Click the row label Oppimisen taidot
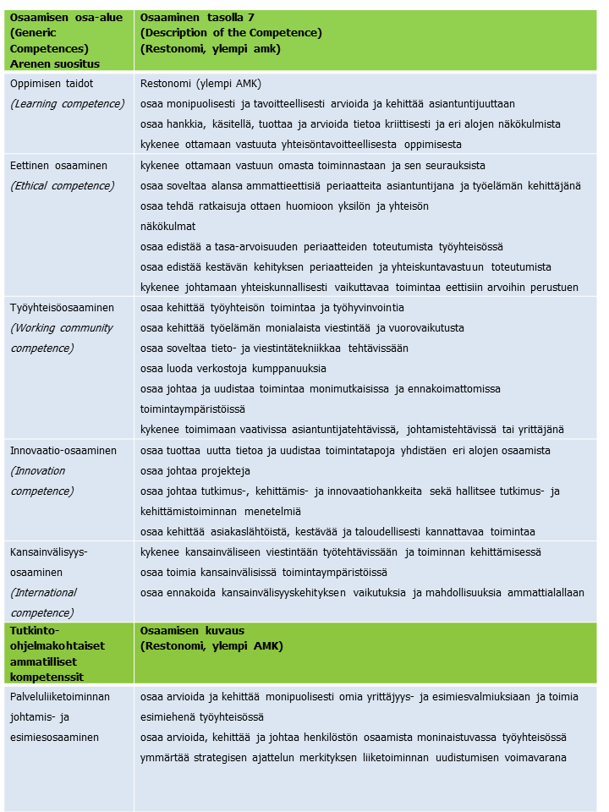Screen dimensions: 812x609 pos(51,84)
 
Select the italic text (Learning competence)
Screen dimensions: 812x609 pos(67,104)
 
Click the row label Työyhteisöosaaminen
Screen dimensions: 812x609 pos(62,308)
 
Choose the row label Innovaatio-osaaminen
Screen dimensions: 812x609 pos(63,451)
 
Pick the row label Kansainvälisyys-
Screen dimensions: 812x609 pos(48,552)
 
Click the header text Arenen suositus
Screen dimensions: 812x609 pos(54,63)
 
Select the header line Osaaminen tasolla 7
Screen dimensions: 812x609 pos(209,18)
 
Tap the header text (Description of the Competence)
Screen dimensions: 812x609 pos(231,33)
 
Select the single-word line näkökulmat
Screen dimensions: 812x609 pos(168,227)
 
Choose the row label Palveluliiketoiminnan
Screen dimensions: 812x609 pos(60,697)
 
